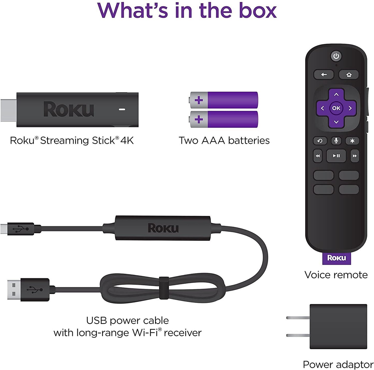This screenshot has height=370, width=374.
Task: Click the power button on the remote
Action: [x=336, y=56]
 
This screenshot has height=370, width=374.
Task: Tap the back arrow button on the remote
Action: [x=324, y=75]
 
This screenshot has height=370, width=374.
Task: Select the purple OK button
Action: [x=336, y=108]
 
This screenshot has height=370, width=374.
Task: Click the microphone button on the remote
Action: [x=336, y=141]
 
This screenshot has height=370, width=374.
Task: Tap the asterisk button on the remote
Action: [x=352, y=141]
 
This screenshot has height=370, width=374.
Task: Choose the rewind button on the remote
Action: [x=318, y=156]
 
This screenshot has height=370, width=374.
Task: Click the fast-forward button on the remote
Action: [x=355, y=156]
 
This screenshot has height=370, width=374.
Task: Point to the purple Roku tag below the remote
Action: [x=336, y=258]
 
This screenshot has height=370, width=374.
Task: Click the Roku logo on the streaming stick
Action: [x=69, y=109]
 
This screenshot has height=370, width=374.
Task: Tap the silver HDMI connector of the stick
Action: [x=9, y=110]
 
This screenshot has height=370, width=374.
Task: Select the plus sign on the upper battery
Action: [x=199, y=100]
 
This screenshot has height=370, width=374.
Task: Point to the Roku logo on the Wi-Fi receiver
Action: [x=163, y=228]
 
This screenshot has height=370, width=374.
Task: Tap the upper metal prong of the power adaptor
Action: [x=298, y=318]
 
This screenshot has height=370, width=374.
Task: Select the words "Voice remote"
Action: [x=336, y=275]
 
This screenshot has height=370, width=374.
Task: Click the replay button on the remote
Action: [x=320, y=141]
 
